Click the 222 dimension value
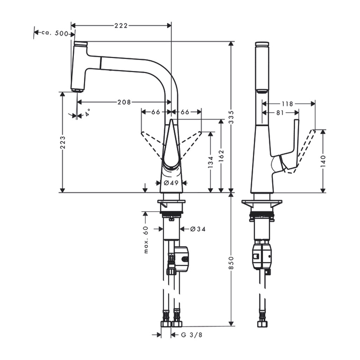(121, 25)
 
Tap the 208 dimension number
(124, 102)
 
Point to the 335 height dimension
(231, 117)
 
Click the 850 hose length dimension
(231, 263)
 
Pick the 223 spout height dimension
(63, 142)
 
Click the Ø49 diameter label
(171, 183)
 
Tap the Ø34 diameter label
(198, 229)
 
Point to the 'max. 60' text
(146, 240)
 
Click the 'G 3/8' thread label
(192, 335)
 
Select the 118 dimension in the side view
(287, 104)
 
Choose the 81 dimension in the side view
(280, 113)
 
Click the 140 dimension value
(323, 161)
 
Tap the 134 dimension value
(211, 162)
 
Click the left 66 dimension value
(155, 112)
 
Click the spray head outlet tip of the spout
(77, 90)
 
